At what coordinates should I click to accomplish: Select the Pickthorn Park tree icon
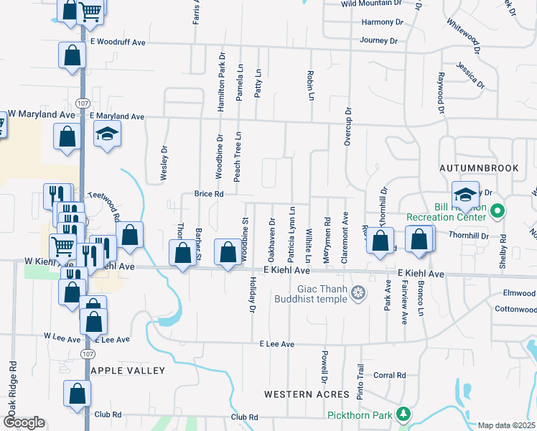point(404,414)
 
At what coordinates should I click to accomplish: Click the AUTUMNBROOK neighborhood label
point(479,168)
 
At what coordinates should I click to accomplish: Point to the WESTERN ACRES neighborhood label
point(307,394)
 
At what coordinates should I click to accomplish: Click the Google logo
point(24,422)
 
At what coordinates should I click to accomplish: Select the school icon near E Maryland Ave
point(107,134)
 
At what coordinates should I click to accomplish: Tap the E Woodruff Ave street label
point(118,43)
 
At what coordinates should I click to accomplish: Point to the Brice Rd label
point(210,194)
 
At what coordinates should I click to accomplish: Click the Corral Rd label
point(390,375)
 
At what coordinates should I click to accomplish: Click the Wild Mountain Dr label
point(369,4)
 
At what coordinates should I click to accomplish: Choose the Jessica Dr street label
point(470,75)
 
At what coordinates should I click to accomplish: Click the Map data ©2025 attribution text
point(507,425)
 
